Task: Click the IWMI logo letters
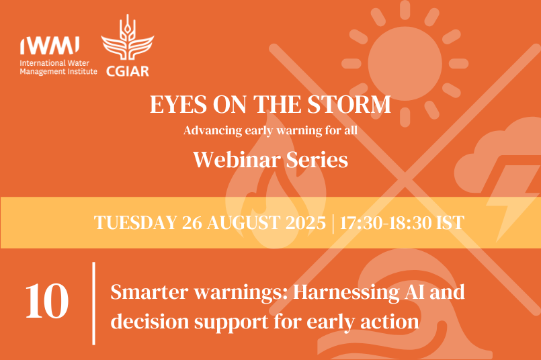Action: coord(50,46)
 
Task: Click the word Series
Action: coord(315,160)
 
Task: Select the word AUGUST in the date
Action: coord(245,222)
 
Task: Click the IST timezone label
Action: coord(449,222)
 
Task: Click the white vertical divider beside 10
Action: coord(93,303)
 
